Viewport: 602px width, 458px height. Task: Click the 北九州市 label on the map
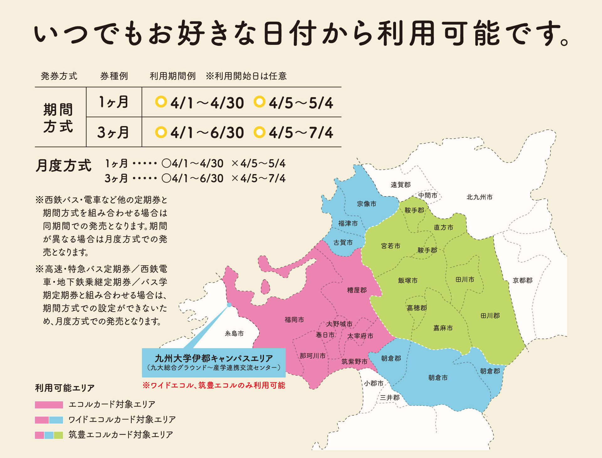tap(479, 197)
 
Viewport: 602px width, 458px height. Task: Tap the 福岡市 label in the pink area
tap(294, 320)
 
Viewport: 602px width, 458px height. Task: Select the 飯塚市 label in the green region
tap(408, 280)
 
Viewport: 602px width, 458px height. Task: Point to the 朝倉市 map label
tap(438, 378)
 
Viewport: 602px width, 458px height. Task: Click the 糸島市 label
tap(234, 333)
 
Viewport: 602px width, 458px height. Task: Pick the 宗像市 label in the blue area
tap(366, 204)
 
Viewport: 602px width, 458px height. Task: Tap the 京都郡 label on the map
tap(522, 280)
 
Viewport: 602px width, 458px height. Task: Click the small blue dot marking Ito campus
tap(229, 305)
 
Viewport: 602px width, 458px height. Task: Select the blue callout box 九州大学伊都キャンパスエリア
tap(214, 362)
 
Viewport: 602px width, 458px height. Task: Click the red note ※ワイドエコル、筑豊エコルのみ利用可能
tap(214, 385)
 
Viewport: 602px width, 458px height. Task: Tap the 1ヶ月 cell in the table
tap(114, 102)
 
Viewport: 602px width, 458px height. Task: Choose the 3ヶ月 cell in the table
tap(114, 132)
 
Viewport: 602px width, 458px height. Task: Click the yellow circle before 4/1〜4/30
tap(161, 102)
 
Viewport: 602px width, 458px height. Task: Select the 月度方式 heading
tap(63, 165)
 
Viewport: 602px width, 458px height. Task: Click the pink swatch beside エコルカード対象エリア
tap(49, 405)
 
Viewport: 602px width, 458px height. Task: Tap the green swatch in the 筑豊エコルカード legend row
tap(59, 435)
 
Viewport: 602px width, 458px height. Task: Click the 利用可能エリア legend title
tap(65, 388)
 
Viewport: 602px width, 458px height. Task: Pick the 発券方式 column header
tap(59, 76)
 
